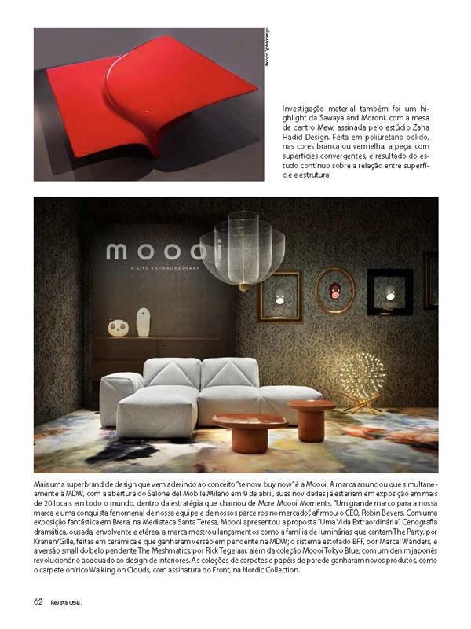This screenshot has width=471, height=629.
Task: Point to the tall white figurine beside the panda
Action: [143, 322]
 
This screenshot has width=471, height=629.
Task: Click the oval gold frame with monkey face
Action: [334, 291]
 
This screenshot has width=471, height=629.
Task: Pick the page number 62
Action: [38, 601]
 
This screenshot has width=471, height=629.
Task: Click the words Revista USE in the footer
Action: [66, 602]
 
